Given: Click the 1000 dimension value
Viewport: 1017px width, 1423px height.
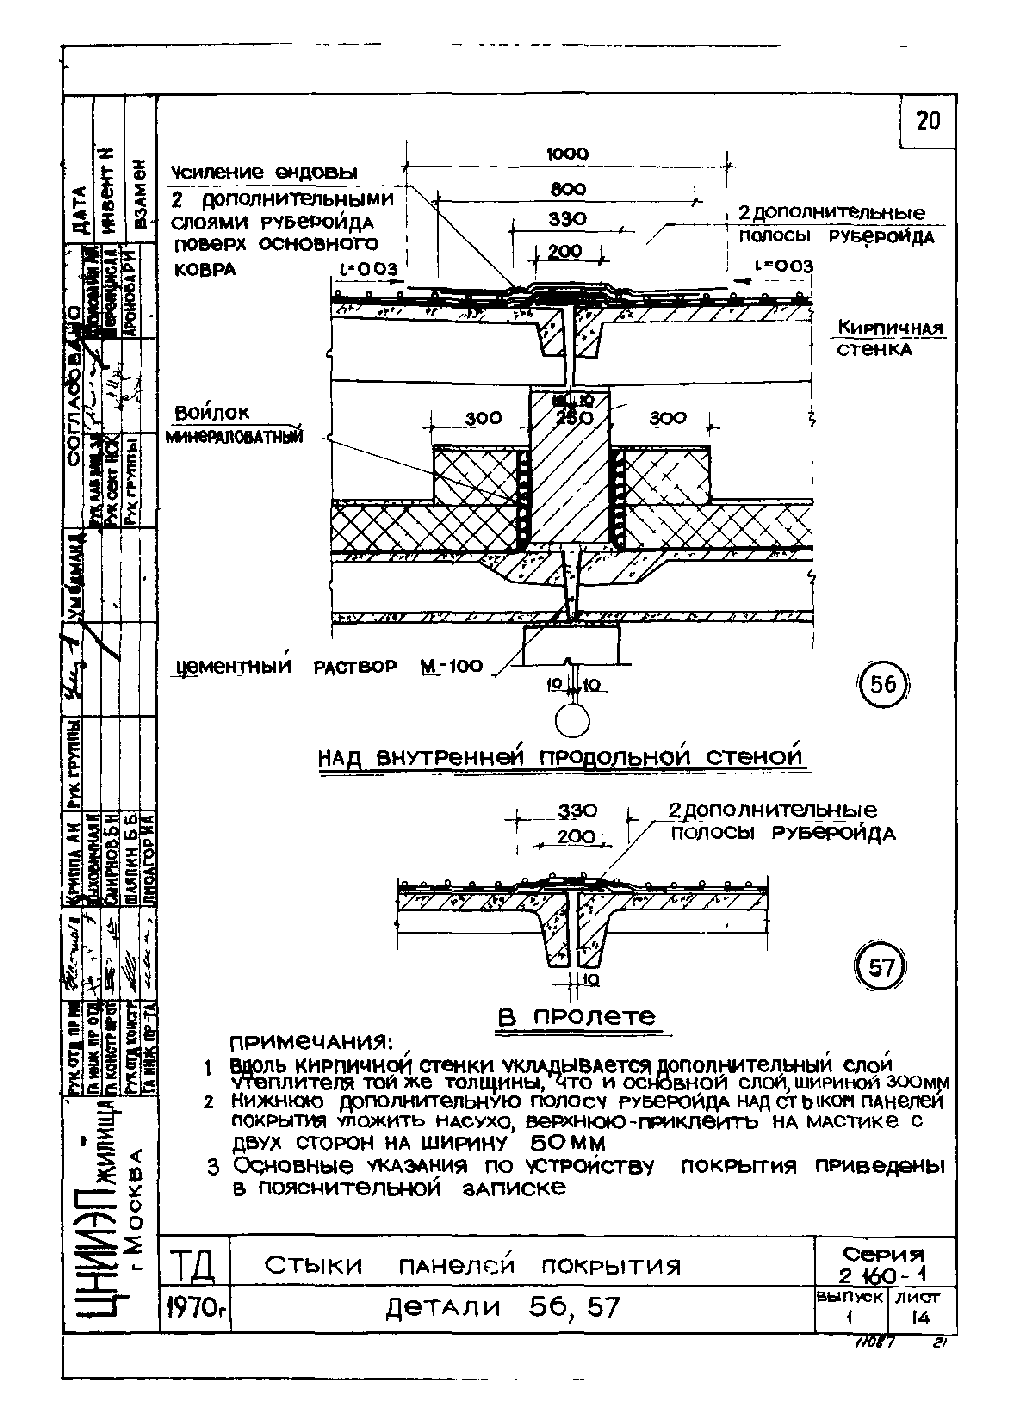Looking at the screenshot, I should pyautogui.click(x=567, y=154).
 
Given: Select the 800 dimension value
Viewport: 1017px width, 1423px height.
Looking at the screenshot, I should pyautogui.click(x=568, y=189).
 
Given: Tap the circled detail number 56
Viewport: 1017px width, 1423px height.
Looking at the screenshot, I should pyautogui.click(x=883, y=685).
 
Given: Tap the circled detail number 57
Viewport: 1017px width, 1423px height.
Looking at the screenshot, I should pyautogui.click(x=881, y=968).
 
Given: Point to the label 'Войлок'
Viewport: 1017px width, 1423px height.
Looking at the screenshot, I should pyautogui.click(x=212, y=412).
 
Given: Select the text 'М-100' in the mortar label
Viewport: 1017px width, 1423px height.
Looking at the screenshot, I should pyautogui.click(x=452, y=666).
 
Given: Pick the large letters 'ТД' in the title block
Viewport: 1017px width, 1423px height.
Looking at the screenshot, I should pyautogui.click(x=193, y=1266).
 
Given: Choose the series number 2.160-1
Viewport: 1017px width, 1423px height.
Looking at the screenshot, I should pyautogui.click(x=884, y=1275).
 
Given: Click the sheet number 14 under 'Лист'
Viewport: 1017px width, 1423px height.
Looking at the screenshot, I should pyautogui.click(x=920, y=1318).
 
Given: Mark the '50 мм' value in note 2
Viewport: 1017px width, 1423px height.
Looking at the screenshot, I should pyautogui.click(x=567, y=1144).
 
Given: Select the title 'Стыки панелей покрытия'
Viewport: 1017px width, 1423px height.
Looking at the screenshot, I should pyautogui.click(x=472, y=1266).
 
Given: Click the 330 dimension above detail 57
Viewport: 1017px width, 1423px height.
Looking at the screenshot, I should pyautogui.click(x=577, y=811).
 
